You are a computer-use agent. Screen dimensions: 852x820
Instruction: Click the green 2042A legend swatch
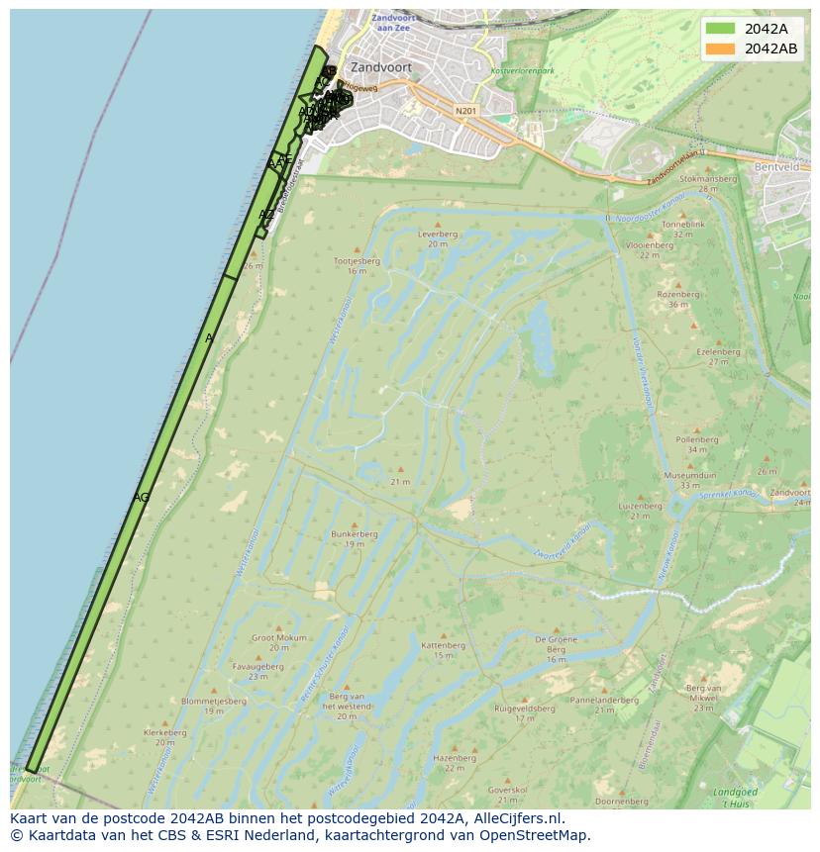point(721,29)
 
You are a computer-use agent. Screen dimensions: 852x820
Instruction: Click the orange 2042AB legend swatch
point(721,48)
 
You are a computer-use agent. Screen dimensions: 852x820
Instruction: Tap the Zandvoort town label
point(380,68)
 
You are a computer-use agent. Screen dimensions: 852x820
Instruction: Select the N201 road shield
point(465,111)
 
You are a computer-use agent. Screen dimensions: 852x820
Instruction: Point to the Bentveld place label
point(775,168)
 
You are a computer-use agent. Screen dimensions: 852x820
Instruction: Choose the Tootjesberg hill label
point(357,261)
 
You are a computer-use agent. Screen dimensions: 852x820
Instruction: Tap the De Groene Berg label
point(556,645)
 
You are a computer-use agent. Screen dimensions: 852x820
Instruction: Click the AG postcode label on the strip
point(141,497)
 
